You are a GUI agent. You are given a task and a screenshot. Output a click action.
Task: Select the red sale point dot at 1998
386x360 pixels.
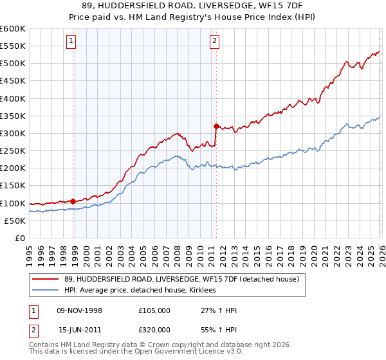[73, 201]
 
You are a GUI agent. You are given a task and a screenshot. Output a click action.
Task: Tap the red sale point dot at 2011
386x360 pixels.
[216, 126]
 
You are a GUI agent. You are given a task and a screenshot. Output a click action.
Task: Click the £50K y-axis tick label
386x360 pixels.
[15, 221]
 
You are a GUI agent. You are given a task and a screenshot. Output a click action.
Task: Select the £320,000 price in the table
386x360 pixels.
[154, 328]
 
